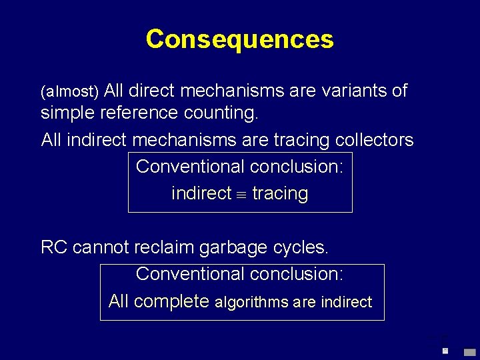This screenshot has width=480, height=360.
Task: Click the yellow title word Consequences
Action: pos(239,39)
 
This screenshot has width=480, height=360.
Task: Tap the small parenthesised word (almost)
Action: pos(70,91)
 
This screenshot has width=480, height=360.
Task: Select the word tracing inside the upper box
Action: pos(280,194)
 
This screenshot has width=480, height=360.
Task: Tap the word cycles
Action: pos(301,247)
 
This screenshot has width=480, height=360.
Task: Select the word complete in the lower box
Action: pos(171,301)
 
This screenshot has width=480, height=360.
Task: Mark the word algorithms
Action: pos(252,302)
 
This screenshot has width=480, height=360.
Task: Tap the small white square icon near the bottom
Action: pos(445,351)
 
